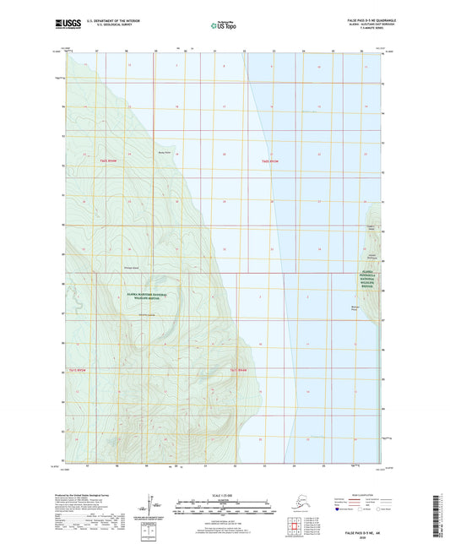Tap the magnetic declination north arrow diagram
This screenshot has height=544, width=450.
click(x=152, y=502)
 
